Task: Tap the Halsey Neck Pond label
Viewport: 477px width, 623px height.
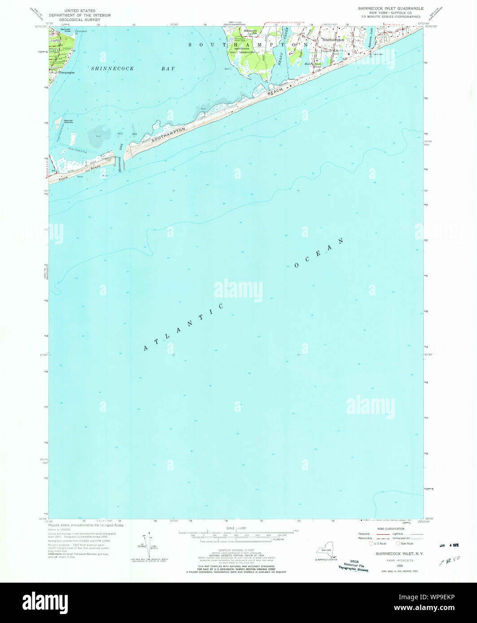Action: pyautogui.click(x=314, y=65)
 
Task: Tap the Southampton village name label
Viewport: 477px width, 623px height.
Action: pyautogui.click(x=333, y=39)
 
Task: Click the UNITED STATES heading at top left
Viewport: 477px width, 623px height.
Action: pyautogui.click(x=79, y=9)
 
